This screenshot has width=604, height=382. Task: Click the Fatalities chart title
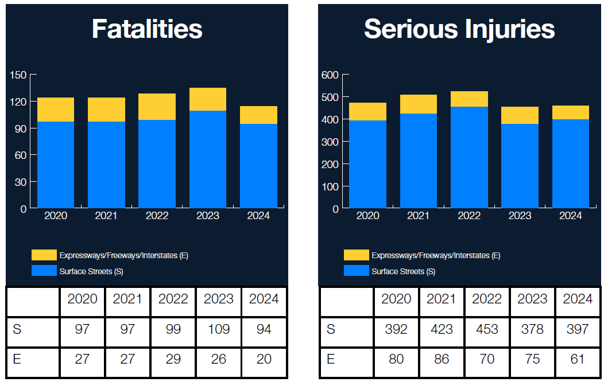(147, 29)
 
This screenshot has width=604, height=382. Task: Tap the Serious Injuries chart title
(459, 29)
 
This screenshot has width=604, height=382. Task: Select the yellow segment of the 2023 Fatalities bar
(208, 99)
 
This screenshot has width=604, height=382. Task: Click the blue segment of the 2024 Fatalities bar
(258, 166)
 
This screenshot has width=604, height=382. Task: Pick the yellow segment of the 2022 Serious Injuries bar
(469, 99)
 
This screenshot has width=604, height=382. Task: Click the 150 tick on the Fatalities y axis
(18, 75)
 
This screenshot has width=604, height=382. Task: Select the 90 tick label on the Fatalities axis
(21, 128)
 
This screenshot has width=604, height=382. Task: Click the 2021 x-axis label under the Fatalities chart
(106, 216)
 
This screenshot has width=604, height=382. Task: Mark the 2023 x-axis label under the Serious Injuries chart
(520, 216)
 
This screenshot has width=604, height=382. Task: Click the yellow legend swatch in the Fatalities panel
(44, 255)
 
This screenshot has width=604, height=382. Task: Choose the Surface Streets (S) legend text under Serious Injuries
(403, 271)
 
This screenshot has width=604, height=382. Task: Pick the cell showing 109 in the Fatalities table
(219, 329)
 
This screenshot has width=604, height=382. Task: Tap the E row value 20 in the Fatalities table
(264, 360)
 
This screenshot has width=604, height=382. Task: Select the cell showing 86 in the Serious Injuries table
(441, 360)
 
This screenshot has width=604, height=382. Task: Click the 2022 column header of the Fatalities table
(173, 299)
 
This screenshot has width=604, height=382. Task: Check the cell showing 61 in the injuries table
(577, 360)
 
